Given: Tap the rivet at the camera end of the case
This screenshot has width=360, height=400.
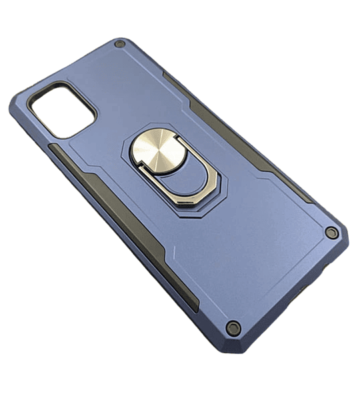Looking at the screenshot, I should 120,45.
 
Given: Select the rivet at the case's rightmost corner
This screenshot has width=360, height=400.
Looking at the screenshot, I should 331,232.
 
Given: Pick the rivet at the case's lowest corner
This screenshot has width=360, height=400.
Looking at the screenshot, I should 233,327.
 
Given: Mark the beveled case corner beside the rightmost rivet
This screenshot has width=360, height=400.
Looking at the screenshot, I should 341,230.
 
